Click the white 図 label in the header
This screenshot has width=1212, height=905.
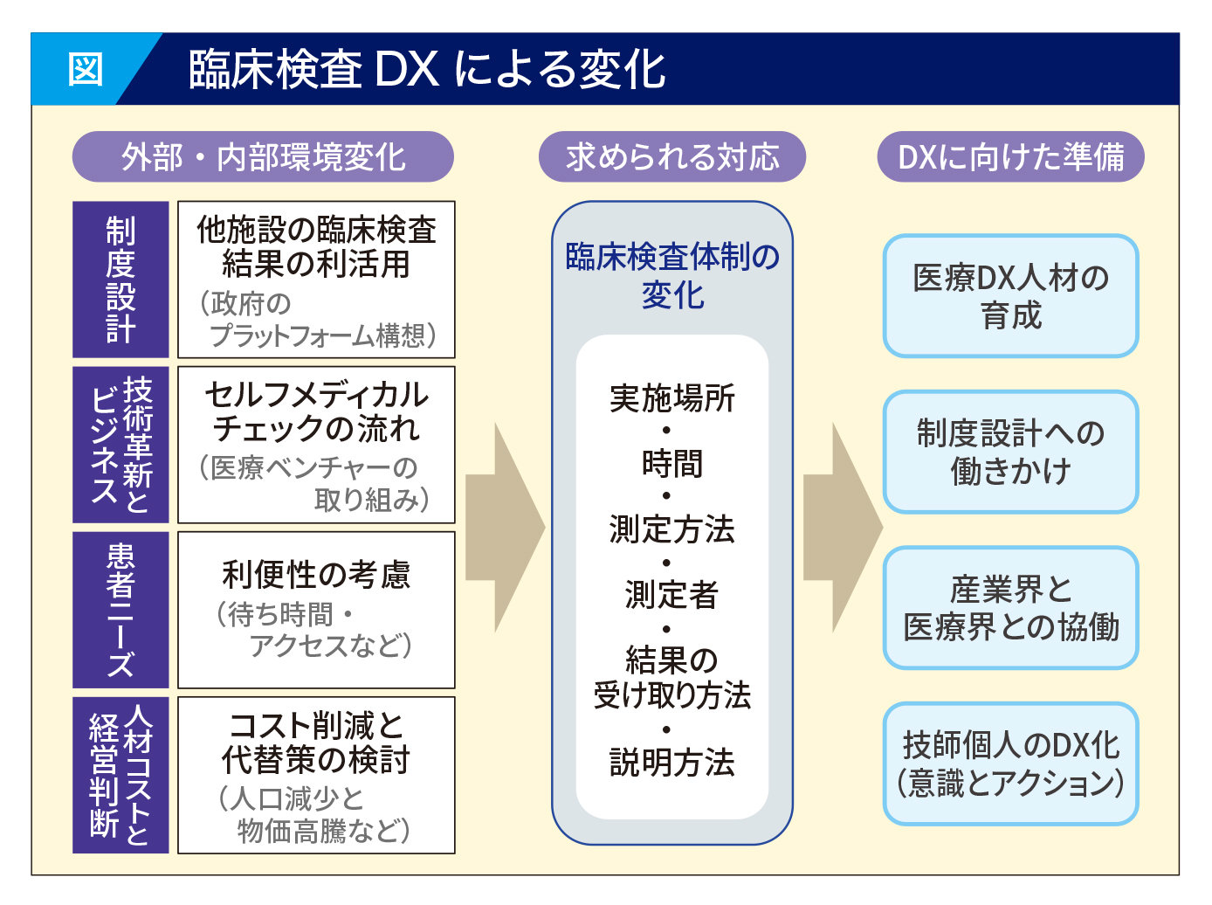pyautogui.click(x=86, y=68)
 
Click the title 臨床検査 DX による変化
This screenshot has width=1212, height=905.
pyautogui.click(x=427, y=69)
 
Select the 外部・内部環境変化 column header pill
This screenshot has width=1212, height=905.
pyautogui.click(x=263, y=157)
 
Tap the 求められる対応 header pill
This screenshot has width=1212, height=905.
pyautogui.click(x=671, y=157)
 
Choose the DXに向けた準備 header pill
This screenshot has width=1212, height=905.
pyautogui.click(x=1010, y=157)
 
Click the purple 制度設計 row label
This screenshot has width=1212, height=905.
pyautogui.click(x=121, y=280)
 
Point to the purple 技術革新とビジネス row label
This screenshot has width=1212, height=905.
pyautogui.click(x=121, y=445)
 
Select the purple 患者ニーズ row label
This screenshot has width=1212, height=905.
pyautogui.click(x=121, y=610)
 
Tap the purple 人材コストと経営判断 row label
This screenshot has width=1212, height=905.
pyautogui.click(x=121, y=775)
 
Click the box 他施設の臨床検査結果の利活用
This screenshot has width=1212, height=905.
pyautogui.click(x=316, y=280)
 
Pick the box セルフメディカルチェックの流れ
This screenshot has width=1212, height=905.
pyautogui.click(x=316, y=445)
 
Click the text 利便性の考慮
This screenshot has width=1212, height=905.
pyautogui.click(x=316, y=575)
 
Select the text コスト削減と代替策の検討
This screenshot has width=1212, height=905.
pyautogui.click(x=316, y=743)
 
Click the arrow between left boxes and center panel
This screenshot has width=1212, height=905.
pyautogui.click(x=505, y=527)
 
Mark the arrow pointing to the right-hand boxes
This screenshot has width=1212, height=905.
pyautogui.click(x=842, y=527)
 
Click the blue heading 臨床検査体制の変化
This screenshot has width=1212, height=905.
pyautogui.click(x=671, y=275)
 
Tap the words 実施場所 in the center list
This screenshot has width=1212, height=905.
pyautogui.click(x=671, y=398)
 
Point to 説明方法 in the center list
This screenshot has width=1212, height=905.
pyautogui.click(x=671, y=763)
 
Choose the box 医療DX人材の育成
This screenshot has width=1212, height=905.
pyautogui.click(x=1010, y=296)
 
